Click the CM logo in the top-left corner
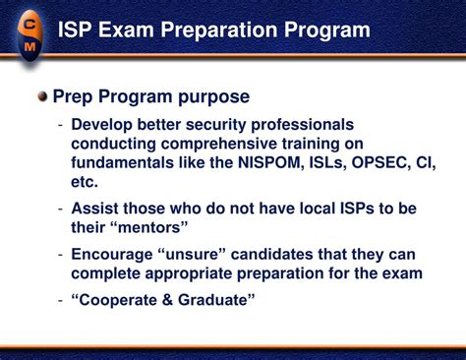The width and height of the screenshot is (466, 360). [29, 31]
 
